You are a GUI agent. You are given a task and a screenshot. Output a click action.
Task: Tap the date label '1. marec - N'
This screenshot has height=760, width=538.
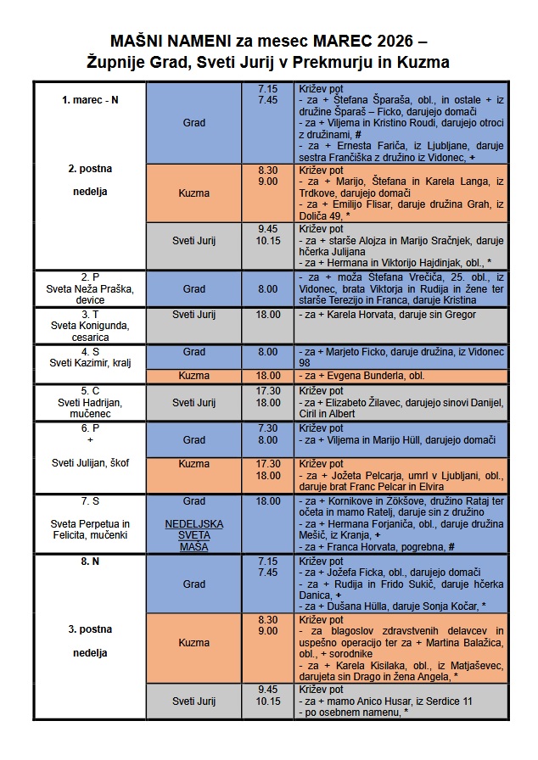click(90, 100)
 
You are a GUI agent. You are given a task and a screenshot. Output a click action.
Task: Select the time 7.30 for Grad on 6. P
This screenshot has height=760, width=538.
click(267, 428)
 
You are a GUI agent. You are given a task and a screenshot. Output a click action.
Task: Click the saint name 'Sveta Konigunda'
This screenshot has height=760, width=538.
click(90, 326)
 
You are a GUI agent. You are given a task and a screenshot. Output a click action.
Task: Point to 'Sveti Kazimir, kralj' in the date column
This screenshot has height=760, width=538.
click(90, 363)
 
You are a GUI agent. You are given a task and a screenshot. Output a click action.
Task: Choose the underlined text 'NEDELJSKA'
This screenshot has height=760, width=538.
click(194, 524)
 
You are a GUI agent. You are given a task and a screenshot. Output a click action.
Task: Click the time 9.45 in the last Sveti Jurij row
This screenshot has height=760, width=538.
click(267, 690)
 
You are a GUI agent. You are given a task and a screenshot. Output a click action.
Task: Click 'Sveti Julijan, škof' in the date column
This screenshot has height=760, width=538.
click(90, 462)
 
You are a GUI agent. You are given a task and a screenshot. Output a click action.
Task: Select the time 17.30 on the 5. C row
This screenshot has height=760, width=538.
click(267, 390)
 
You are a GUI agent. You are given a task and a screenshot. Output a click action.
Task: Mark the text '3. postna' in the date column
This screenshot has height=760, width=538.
click(90, 629)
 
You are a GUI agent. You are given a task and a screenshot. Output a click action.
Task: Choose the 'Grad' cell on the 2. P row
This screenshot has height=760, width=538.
click(194, 288)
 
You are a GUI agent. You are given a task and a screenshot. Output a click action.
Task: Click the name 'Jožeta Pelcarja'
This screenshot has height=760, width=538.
click(356, 476)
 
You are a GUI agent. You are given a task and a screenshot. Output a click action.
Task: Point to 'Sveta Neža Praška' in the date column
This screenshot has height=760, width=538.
click(90, 288)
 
